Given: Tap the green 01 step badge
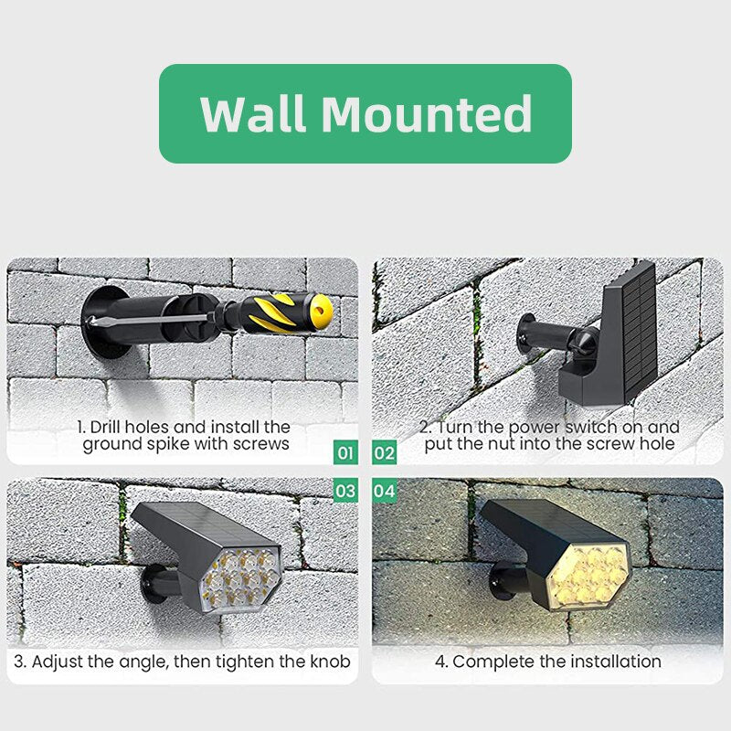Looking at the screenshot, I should (x=345, y=452).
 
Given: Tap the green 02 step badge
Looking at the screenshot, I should (x=385, y=452).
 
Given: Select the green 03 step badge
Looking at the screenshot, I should (x=345, y=491).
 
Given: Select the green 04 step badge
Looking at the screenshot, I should (x=385, y=491).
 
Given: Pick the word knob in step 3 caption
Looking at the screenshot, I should (x=329, y=661).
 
